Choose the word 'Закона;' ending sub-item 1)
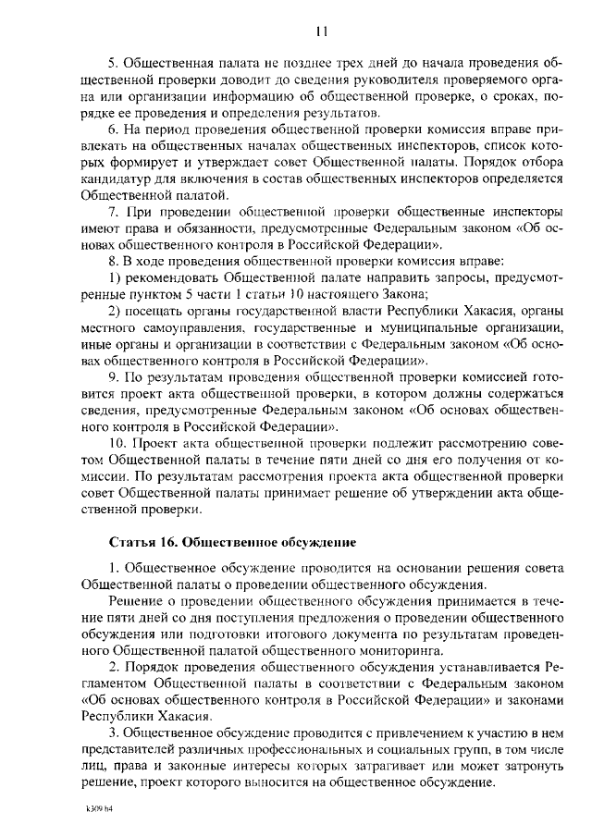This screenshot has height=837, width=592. click(400, 296)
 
